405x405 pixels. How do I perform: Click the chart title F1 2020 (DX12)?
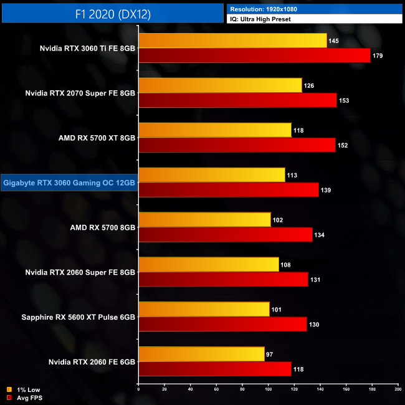[112, 12]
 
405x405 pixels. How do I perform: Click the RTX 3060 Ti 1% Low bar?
[232, 40]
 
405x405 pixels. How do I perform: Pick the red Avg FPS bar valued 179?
[254, 55]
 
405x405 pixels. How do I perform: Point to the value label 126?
[309, 86]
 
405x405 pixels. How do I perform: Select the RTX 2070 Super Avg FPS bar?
[237, 100]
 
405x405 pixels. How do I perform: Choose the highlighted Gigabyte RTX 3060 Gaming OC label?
[69, 183]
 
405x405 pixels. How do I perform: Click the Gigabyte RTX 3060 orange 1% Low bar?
[212, 175]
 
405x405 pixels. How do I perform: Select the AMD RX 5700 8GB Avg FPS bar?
[225, 234]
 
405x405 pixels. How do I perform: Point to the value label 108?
[286, 265]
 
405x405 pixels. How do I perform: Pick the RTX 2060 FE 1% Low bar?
[201, 354]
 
